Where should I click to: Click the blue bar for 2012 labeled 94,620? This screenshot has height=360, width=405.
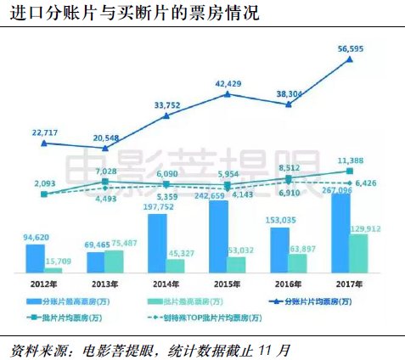pos(36,258)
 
